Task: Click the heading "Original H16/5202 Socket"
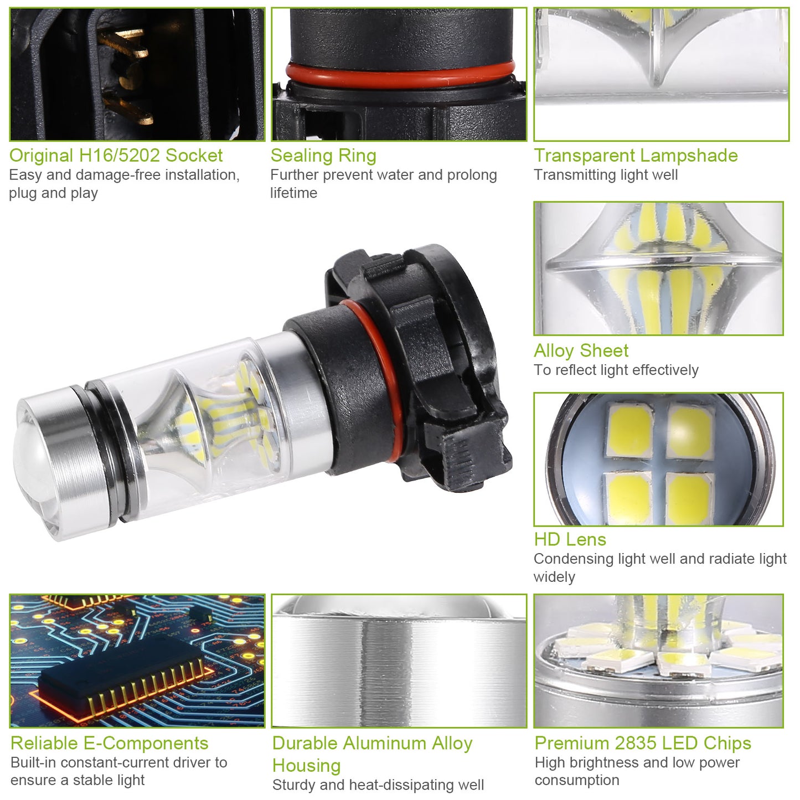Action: point(116,156)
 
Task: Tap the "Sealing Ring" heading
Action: point(323,156)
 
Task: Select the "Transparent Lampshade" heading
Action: point(636,156)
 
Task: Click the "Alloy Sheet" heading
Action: point(581,351)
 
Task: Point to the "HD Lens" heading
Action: point(570,540)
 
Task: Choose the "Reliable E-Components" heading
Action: point(109,743)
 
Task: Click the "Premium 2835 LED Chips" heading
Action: point(643,743)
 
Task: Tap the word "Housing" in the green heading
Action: point(306,766)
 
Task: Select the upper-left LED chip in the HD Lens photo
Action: point(631,431)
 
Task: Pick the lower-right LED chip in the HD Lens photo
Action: point(690,498)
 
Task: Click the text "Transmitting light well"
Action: point(606,175)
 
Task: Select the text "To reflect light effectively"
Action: point(616,370)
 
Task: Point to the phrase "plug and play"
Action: point(54,193)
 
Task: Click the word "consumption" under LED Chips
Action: point(577,780)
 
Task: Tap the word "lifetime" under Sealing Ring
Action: point(293,193)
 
